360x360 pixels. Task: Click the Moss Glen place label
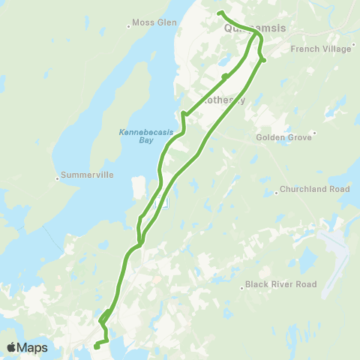156,22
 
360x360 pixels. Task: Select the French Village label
320,49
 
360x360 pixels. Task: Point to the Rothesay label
224,100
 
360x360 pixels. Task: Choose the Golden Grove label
282,138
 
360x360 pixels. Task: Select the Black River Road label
281,285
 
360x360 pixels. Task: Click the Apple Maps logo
27,347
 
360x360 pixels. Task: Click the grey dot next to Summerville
58,178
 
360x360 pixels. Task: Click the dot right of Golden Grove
315,133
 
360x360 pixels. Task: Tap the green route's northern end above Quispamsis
219,13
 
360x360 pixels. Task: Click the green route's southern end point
96,346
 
